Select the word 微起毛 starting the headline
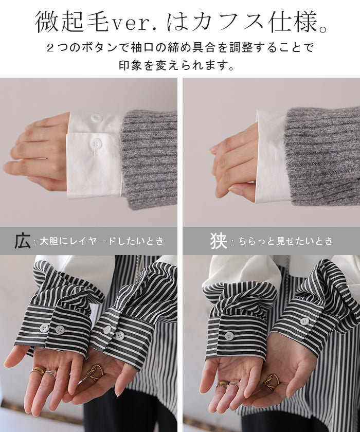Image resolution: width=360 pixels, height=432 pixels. [71, 22]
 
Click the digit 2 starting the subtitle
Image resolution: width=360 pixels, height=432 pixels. [50, 48]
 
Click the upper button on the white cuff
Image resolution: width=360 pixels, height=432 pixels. [96, 118]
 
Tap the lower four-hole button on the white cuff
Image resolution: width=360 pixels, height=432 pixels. [96, 143]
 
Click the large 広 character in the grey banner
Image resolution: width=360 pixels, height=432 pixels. [22, 241]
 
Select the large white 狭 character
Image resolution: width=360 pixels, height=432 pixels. [219, 241]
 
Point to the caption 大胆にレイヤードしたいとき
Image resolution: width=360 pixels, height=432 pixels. [102, 241]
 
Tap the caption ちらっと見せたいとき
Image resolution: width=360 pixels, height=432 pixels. [285, 241]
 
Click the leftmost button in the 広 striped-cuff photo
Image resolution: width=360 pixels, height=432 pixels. [44, 329]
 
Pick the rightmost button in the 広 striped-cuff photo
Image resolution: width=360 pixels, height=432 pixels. [119, 335]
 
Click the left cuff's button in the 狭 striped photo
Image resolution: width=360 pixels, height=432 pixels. [229, 335]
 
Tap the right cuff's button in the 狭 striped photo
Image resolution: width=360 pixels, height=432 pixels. [304, 321]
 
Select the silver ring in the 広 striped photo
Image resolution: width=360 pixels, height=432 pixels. [49, 374]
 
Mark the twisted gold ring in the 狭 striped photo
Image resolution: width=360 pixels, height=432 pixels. [272, 382]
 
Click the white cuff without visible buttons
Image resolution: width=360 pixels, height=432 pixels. [272, 157]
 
